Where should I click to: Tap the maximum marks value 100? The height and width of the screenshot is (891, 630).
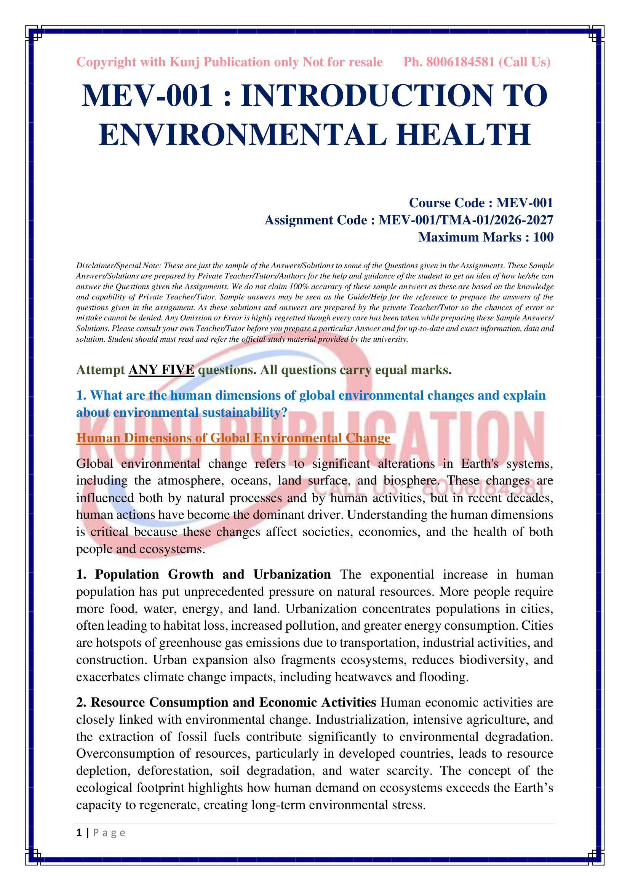click(x=543, y=237)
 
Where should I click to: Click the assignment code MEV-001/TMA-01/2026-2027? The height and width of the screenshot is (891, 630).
click(x=465, y=220)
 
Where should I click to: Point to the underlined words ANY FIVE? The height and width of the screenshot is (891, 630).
click(x=161, y=370)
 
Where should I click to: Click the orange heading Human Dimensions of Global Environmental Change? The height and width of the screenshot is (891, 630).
click(x=233, y=438)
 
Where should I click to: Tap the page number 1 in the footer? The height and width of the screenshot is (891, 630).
click(x=79, y=833)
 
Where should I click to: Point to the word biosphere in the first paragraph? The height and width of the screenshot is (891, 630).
click(x=411, y=481)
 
